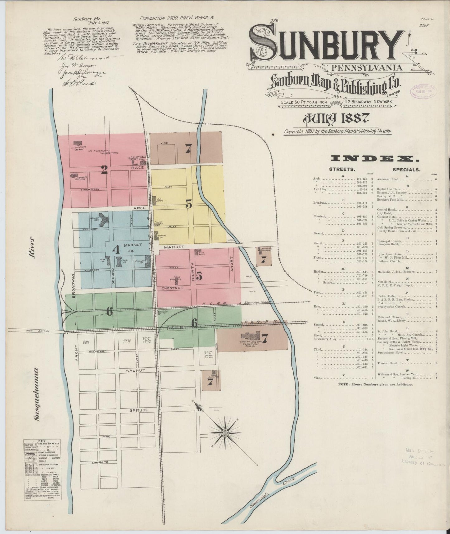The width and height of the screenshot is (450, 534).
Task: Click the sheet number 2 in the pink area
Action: click(104, 169)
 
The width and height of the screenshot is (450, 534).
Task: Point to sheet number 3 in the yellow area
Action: click(188, 205)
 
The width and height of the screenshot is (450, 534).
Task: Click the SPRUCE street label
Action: click(139, 410)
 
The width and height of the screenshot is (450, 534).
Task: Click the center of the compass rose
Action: click(225, 433)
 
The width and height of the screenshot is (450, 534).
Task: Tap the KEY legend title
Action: click(42, 441)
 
